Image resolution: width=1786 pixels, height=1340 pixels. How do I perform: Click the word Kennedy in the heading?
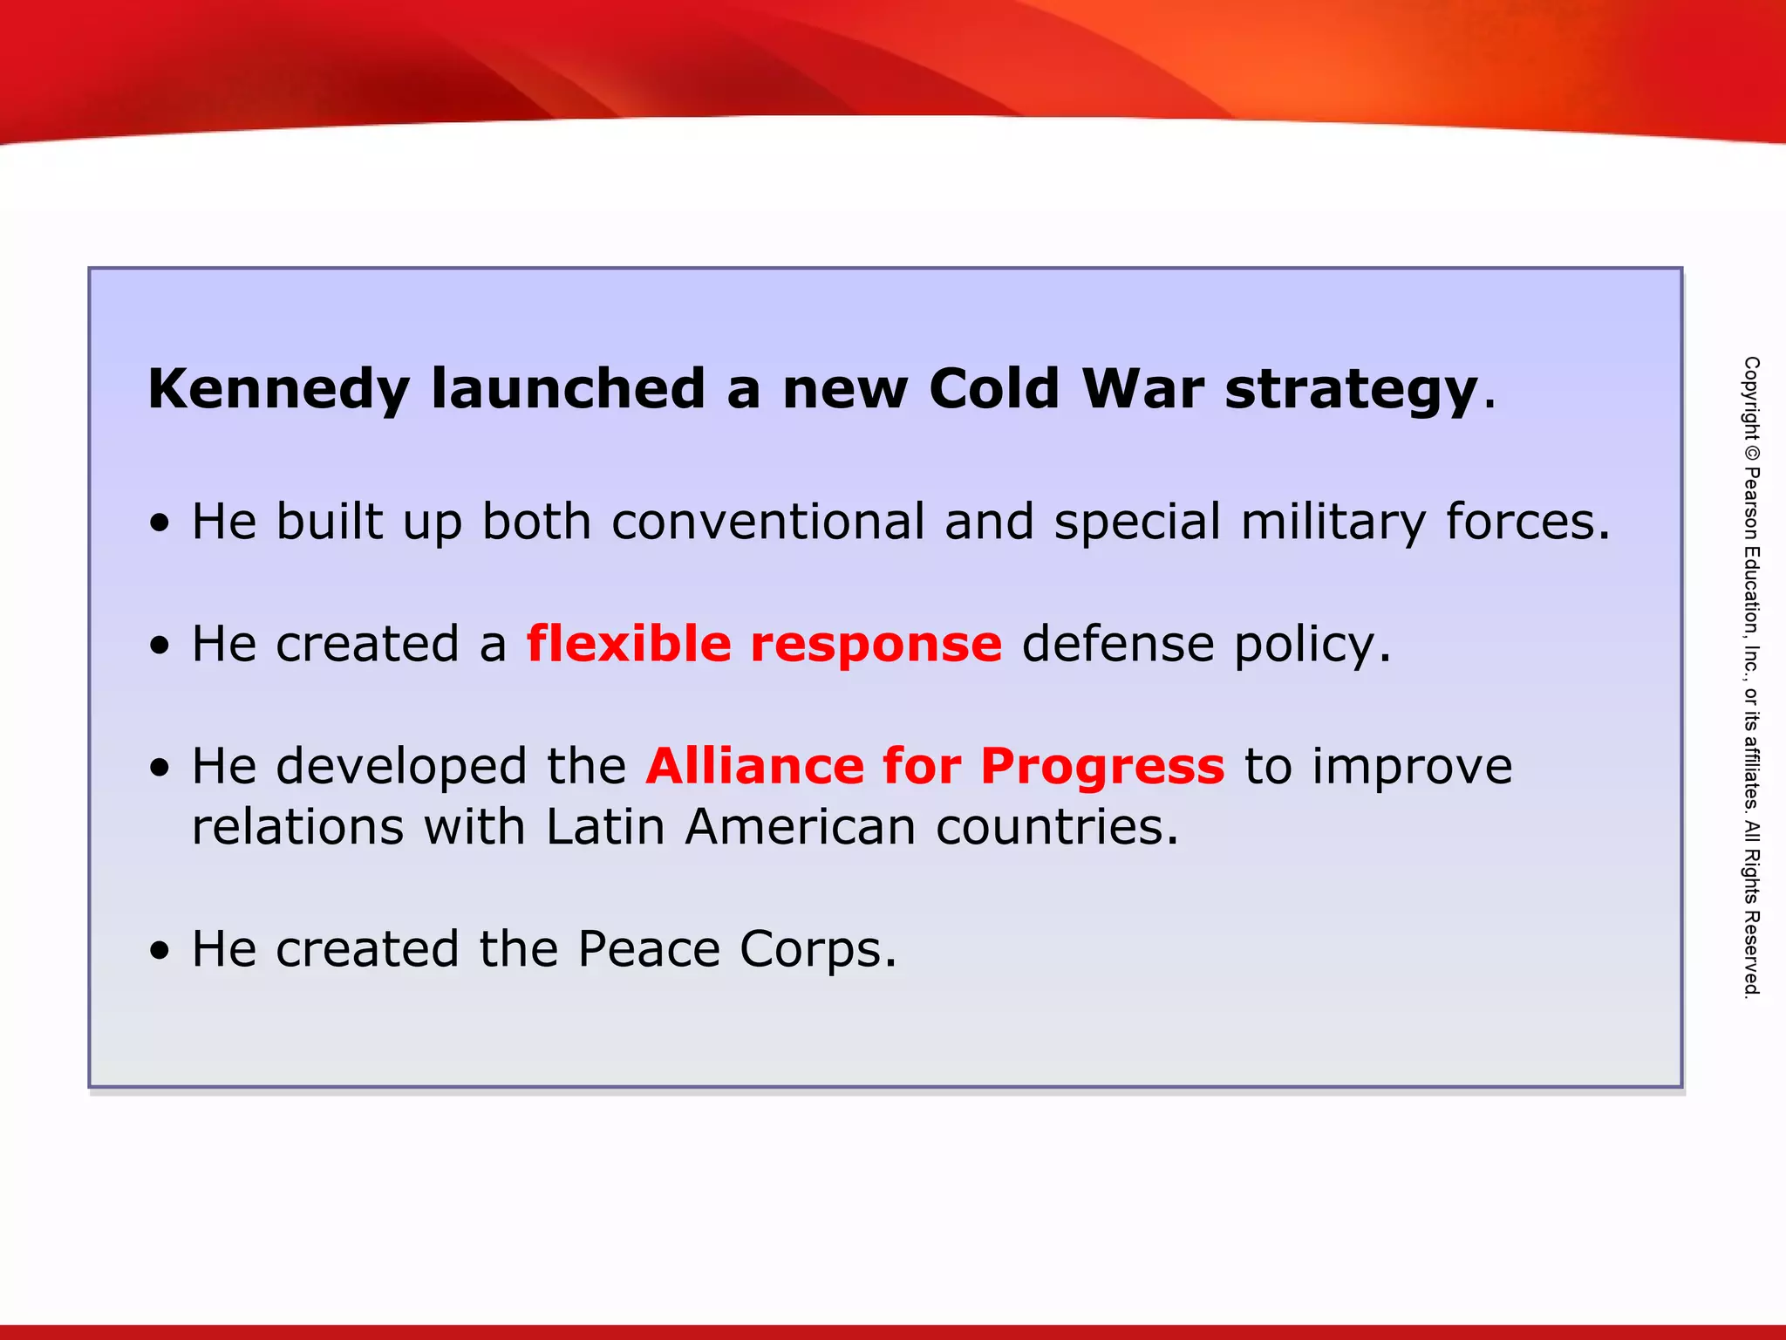tap(278, 389)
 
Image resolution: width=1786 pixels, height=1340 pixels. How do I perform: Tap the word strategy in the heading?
tap(1351, 389)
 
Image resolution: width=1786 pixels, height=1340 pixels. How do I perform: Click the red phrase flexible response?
tap(764, 644)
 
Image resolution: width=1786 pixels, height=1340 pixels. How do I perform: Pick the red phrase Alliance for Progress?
tap(935, 766)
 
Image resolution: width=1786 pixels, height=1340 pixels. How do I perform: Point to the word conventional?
tap(767, 522)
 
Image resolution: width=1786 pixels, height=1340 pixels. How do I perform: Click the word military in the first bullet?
tap(1333, 522)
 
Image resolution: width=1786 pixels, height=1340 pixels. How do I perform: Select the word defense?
tap(1117, 644)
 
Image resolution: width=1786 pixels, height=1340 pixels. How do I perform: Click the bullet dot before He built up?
tap(159, 523)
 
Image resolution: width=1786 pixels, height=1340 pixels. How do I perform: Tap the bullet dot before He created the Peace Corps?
tap(159, 951)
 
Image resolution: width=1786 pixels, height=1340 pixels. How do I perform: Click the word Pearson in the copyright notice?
tap(1751, 504)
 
